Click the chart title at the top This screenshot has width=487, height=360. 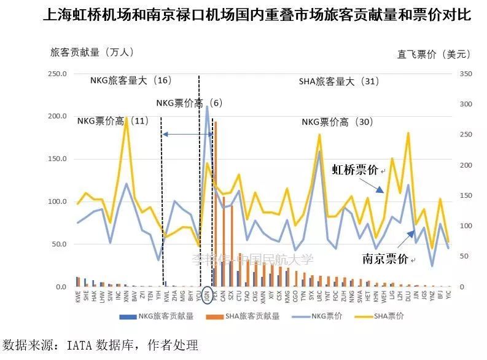[x=257, y=15]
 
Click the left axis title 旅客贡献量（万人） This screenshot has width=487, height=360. [x=92, y=53]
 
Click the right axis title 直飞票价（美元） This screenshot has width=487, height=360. [x=434, y=54]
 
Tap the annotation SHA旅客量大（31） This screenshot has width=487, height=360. [x=339, y=81]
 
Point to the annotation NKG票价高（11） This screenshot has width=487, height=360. [x=112, y=121]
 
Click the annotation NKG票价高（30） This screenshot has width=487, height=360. [x=337, y=122]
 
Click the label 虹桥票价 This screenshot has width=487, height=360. [x=356, y=170]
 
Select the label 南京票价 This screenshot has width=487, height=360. [x=385, y=260]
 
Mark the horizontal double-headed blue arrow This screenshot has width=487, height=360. [x=181, y=134]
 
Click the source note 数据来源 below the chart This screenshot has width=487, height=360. [x=101, y=345]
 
